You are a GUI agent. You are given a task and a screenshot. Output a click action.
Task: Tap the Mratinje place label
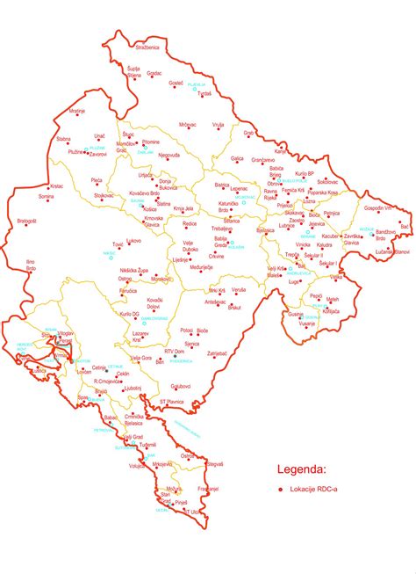[x=77, y=112]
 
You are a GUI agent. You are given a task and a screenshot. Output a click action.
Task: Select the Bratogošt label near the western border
[x=26, y=221]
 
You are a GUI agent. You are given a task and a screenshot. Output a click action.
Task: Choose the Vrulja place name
[x=219, y=125]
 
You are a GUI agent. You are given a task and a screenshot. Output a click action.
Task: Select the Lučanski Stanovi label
[x=391, y=252]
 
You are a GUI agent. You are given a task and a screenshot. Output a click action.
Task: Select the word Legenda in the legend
[x=303, y=469]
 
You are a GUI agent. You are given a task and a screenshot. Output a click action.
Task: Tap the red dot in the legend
[x=280, y=490]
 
